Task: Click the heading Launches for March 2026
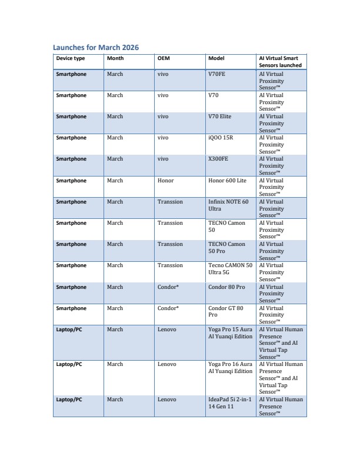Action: (x=96, y=47)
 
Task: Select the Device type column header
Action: (x=71, y=58)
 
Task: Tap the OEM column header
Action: (x=164, y=58)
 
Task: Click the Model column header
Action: (x=216, y=58)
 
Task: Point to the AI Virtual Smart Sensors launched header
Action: (x=280, y=62)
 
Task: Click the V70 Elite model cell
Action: (x=220, y=116)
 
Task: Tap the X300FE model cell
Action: (x=219, y=159)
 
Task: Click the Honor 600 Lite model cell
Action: (x=227, y=181)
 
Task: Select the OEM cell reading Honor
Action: (x=166, y=181)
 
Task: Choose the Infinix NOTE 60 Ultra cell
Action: (x=228, y=205)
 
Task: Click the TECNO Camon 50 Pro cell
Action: (x=226, y=248)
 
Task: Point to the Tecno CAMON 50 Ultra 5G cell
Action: (x=230, y=269)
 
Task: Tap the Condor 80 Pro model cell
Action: (x=226, y=287)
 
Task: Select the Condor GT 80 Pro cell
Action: (x=225, y=312)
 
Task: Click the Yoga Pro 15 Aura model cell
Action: (x=230, y=333)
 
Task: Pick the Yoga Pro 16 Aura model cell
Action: (x=230, y=368)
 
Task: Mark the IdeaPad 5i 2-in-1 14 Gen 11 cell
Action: (x=229, y=403)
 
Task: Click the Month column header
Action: (x=115, y=58)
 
